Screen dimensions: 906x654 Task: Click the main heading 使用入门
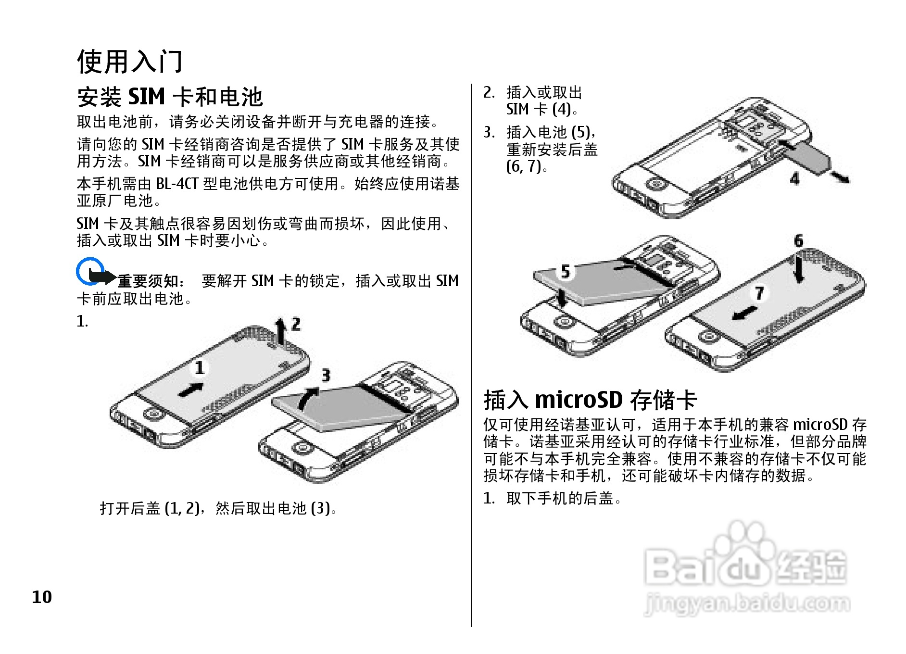[x=130, y=62]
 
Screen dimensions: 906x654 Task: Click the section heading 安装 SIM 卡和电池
[x=170, y=97]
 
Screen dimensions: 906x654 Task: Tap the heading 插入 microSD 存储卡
[x=590, y=400]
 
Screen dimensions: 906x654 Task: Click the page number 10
[x=42, y=597]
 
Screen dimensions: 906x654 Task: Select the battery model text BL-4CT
[x=177, y=184]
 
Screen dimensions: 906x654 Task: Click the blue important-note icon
[x=90, y=272]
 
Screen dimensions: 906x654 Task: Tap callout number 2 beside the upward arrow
[x=296, y=324]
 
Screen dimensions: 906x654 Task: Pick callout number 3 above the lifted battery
[x=326, y=375]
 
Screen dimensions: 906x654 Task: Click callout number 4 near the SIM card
[x=794, y=179]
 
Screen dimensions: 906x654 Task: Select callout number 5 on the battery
[x=566, y=271]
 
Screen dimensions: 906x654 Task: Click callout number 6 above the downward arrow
[x=798, y=240]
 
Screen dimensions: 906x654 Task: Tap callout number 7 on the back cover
[x=759, y=292]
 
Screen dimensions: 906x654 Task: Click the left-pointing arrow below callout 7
[x=744, y=314]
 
